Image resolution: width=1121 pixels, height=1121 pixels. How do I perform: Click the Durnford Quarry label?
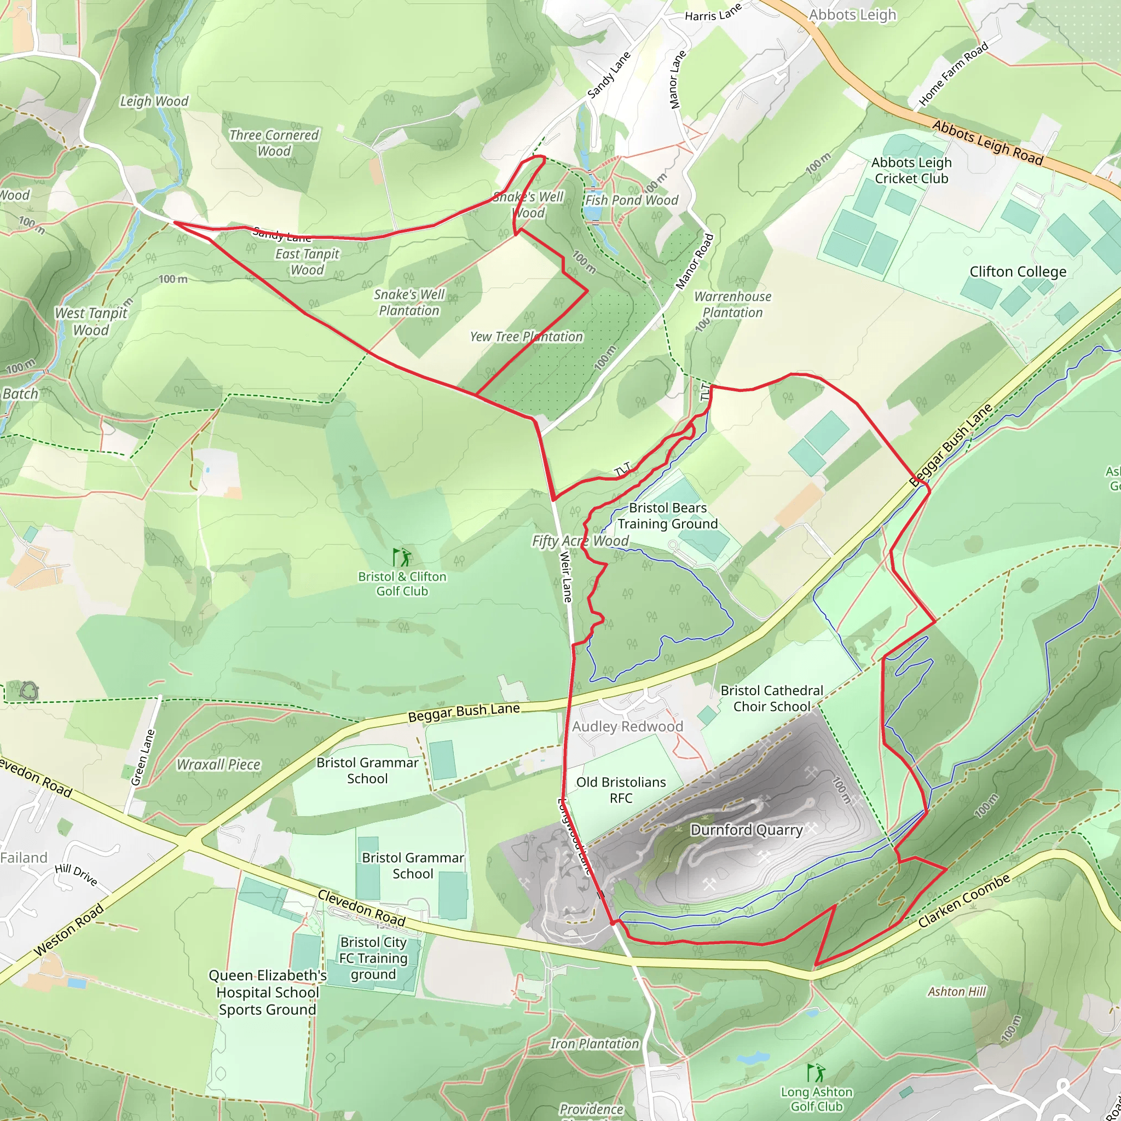tap(746, 830)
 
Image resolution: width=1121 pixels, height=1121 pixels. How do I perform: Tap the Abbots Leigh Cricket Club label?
tap(911, 171)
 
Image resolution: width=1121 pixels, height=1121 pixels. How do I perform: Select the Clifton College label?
tap(1018, 271)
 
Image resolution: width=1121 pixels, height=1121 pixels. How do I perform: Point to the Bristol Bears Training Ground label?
tap(667, 516)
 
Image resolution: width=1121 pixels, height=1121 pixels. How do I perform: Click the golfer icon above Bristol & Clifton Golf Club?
tap(402, 558)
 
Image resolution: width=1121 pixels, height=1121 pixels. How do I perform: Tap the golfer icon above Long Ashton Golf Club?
tap(816, 1072)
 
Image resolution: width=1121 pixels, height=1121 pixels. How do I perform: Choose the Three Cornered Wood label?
tap(274, 143)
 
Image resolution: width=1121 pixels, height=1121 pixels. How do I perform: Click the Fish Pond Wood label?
tap(631, 200)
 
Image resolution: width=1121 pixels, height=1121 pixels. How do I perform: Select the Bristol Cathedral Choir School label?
tap(772, 698)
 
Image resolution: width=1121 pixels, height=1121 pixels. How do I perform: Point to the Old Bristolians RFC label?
tap(621, 790)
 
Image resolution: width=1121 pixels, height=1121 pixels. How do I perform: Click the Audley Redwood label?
tap(627, 726)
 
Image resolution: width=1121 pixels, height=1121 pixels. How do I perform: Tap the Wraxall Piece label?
tap(219, 765)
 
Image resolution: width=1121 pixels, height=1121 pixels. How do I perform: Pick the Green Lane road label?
tap(143, 757)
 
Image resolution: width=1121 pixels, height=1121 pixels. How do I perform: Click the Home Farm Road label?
tap(954, 76)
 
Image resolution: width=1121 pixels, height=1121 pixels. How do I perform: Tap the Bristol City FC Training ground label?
tap(373, 958)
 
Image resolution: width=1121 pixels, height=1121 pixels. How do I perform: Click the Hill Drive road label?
tap(76, 875)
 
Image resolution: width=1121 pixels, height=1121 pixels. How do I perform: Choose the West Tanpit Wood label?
tap(91, 321)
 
